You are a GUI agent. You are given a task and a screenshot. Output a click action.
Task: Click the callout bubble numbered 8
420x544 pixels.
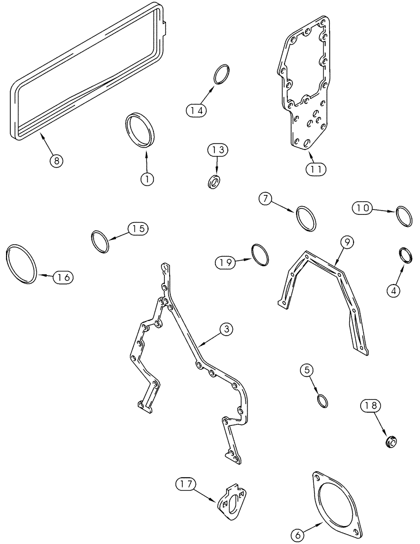click(55, 160)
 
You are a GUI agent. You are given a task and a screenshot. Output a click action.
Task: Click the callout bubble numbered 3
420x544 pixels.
click(227, 328)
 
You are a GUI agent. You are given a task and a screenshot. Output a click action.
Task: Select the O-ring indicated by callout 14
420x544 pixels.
click(223, 75)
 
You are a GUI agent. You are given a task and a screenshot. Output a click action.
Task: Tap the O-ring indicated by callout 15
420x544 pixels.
click(100, 241)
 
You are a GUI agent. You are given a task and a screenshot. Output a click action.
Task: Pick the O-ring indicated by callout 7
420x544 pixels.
click(307, 219)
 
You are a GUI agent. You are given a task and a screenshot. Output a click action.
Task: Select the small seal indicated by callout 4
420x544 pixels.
click(405, 254)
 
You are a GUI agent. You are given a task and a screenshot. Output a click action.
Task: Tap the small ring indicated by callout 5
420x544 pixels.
click(323, 401)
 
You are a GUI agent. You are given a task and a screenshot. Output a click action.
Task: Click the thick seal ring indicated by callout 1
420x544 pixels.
click(141, 129)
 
